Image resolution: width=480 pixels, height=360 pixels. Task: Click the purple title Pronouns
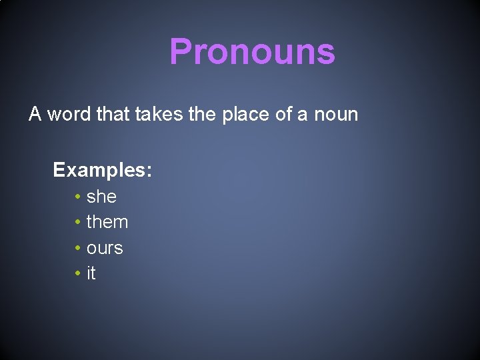252,51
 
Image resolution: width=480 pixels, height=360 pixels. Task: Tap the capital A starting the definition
35,115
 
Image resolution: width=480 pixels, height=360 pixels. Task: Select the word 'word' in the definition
69,115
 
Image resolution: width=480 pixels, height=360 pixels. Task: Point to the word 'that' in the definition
113,115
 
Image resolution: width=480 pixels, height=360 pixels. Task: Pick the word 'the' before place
202,115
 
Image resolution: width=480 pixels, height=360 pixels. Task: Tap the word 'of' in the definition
284,115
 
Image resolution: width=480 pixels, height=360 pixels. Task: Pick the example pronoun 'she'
101,197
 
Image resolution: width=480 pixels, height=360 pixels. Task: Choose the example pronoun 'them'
107,222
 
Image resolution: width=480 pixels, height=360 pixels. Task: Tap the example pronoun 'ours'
105,248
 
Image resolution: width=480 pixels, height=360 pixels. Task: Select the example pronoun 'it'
91,273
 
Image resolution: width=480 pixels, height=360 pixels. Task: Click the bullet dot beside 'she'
78,197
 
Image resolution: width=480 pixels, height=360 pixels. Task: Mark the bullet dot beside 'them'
78,223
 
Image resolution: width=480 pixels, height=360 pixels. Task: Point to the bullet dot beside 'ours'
78,248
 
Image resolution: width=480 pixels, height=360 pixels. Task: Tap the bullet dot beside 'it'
78,274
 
